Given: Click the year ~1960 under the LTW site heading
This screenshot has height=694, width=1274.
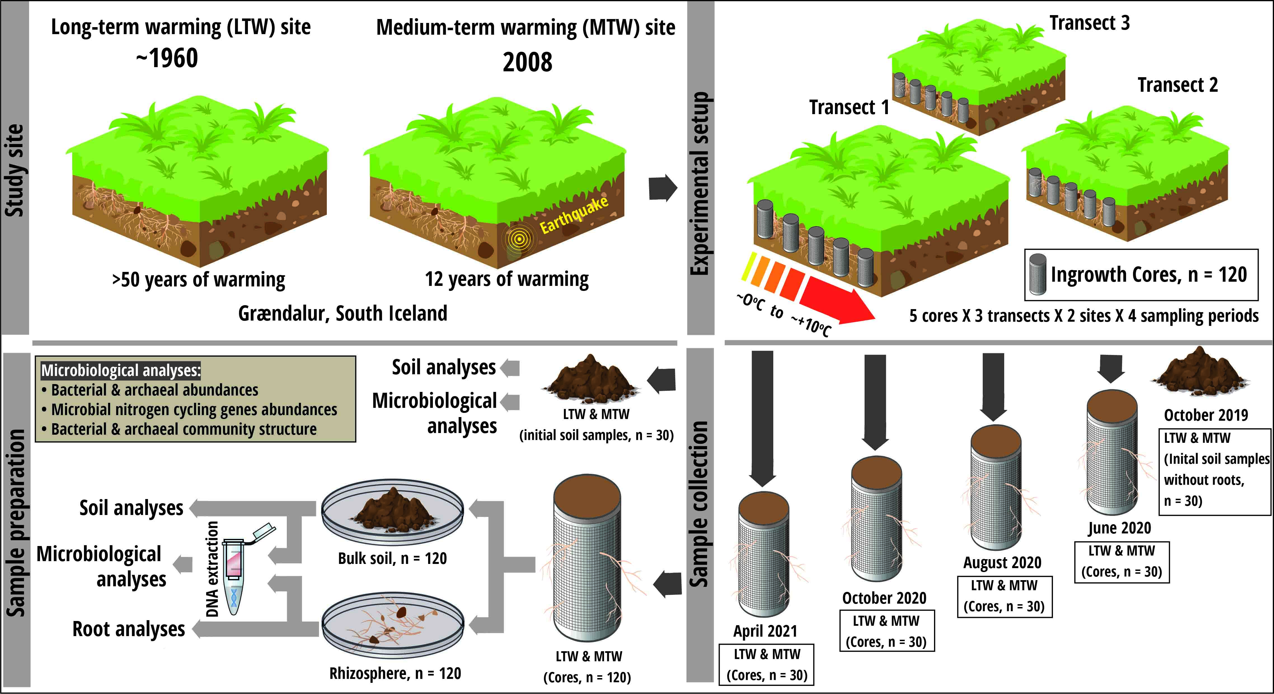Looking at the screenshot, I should pos(167,58).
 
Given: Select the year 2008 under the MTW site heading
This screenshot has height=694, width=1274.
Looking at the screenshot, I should pos(527,62).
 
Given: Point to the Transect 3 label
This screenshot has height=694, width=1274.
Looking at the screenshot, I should pos(1090,23).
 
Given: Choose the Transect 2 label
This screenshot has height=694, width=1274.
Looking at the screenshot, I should pos(1177,85).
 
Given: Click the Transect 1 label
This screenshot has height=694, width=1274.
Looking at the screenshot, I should pos(849,107).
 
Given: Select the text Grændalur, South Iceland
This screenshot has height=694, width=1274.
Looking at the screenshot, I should pos(343,313).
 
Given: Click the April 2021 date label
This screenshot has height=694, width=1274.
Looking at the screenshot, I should pos(765,631).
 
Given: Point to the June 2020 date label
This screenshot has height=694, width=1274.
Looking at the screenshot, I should pos(1119,528).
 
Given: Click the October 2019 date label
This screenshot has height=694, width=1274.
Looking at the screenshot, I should pos(1206,415).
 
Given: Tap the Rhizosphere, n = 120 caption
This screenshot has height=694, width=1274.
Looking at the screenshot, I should pos(395,673).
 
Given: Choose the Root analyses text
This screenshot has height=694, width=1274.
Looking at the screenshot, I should pos(129,629).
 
